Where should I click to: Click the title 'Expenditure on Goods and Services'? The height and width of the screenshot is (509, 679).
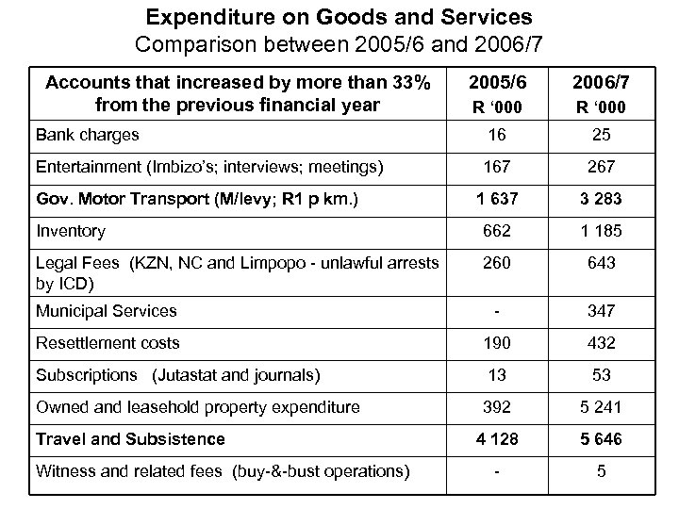(339, 17)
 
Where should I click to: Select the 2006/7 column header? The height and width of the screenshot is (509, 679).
(601, 83)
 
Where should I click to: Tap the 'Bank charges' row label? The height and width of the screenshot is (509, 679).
(87, 134)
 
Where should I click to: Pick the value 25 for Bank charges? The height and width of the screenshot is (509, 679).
(601, 135)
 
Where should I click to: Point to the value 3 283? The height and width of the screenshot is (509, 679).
(601, 199)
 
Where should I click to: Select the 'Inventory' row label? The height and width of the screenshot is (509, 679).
(71, 230)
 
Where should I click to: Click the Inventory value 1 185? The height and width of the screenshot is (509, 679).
(601, 231)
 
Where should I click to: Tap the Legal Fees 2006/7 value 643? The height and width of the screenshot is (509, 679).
(601, 263)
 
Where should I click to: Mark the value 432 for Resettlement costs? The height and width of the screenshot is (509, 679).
(601, 343)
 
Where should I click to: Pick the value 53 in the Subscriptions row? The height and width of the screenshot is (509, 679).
(601, 375)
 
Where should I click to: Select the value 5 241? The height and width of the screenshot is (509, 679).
(601, 407)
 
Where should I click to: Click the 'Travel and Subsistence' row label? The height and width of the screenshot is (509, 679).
(130, 438)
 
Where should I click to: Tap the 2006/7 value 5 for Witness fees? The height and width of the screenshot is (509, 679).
(601, 470)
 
